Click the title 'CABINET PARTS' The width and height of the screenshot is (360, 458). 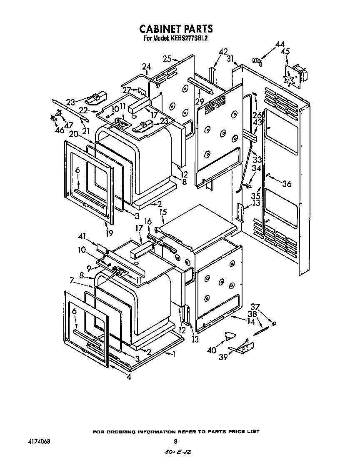tap(175, 29)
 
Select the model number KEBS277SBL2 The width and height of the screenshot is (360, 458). tap(189, 38)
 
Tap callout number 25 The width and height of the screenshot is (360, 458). tap(167, 59)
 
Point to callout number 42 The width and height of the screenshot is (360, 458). tap(223, 52)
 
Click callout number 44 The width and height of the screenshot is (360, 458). tap(280, 45)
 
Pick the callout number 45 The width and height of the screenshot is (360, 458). tap(285, 52)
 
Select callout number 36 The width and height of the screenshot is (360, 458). tap(287, 184)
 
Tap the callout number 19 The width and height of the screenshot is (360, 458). tap(109, 233)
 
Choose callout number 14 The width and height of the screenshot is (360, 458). tap(251, 321)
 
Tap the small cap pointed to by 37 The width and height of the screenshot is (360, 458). tap(273, 323)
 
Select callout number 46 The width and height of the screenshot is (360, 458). tap(60, 130)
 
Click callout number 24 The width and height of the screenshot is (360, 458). tap(146, 66)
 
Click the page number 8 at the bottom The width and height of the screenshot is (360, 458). tap(175, 441)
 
